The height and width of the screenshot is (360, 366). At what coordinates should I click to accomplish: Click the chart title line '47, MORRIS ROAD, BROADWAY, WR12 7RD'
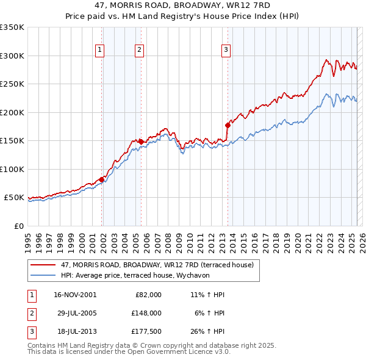pyautogui.click(x=182, y=5)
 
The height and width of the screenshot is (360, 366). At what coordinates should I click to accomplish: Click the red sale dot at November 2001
pyautogui.click(x=102, y=179)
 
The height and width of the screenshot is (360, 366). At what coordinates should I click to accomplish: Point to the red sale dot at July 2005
pyautogui.click(x=141, y=142)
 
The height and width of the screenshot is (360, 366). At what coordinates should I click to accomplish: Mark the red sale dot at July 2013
pyautogui.click(x=228, y=125)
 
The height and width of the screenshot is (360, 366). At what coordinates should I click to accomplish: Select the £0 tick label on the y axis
pyautogui.click(x=18, y=226)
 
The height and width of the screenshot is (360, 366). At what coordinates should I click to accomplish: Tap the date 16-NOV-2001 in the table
pyautogui.click(x=74, y=295)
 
